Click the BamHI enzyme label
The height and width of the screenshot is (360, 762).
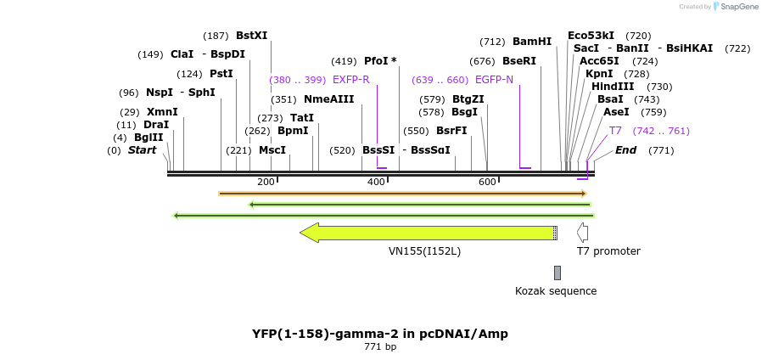pos(532,42)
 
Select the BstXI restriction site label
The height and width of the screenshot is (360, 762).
pos(251,36)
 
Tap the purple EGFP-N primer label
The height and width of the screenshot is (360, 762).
pos(494,80)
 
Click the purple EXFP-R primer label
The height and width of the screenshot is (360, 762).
pos(350,80)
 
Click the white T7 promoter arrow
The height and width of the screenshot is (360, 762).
pos(582,233)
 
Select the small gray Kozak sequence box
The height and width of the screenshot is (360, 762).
pos(557,273)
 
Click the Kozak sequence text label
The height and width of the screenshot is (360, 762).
pos(556,291)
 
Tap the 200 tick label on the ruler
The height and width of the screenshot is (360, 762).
pos(266,183)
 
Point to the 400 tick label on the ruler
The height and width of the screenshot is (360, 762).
pos(376,183)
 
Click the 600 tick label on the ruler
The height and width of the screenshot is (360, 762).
pos(487,183)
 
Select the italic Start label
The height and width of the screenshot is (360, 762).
pos(142,150)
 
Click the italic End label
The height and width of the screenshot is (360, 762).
pos(625,150)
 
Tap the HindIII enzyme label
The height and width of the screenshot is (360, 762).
pos(613,87)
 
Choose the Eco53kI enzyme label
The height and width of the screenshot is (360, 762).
pos(591,36)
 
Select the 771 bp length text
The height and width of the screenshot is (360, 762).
pos(380,346)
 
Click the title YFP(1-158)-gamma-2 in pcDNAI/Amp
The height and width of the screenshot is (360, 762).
pos(380,334)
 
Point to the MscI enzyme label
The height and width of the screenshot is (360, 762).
pos(272,150)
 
